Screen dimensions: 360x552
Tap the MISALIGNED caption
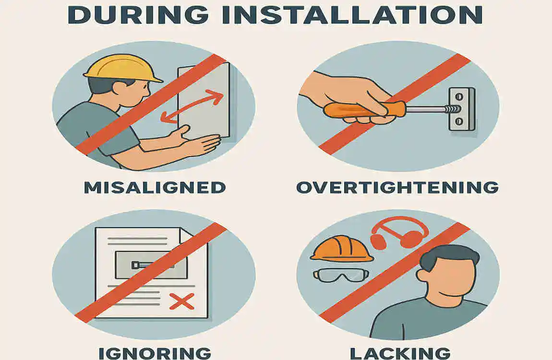click(x=155, y=187)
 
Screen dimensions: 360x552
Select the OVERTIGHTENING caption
click(x=397, y=187)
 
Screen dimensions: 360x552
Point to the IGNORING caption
click(x=155, y=353)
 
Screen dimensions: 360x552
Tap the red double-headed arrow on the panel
click(x=192, y=108)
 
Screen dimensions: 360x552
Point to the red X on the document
click(x=182, y=301)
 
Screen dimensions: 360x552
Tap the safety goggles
click(x=340, y=275)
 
